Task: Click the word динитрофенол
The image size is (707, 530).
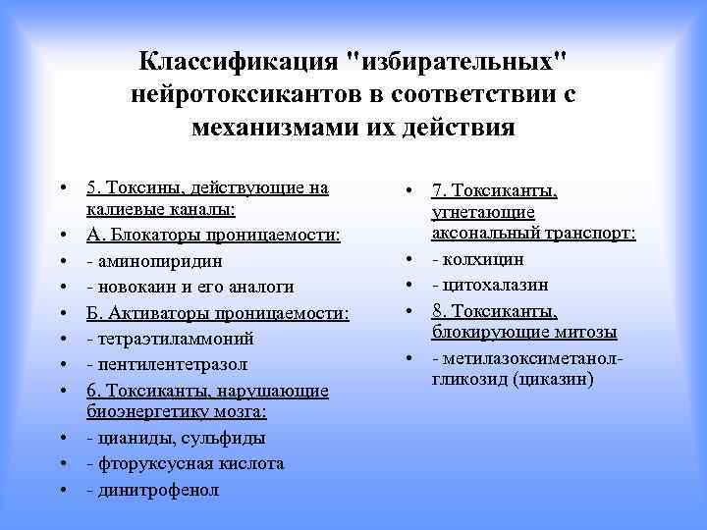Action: coord(157,489)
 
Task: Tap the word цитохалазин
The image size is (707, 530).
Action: coord(495,285)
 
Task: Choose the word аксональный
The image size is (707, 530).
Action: coord(485,234)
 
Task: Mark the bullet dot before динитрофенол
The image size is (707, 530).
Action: coord(62,489)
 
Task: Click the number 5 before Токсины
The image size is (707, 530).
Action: coord(91,187)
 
